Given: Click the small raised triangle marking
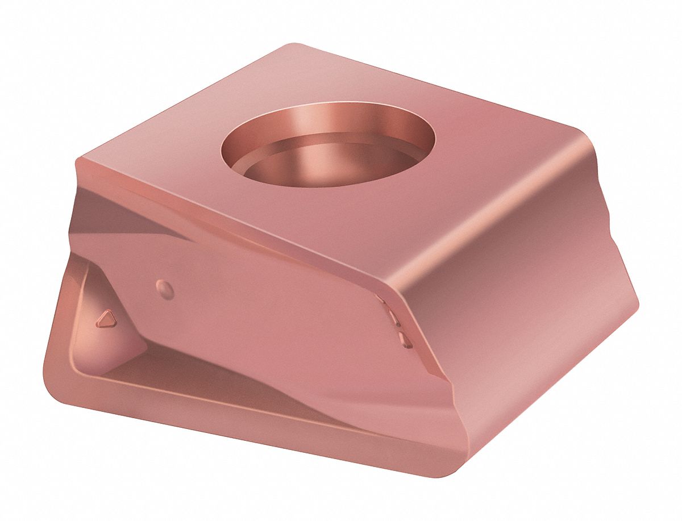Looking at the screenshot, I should pyautogui.click(x=106, y=319).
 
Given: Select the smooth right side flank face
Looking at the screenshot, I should pyautogui.click(x=529, y=318).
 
